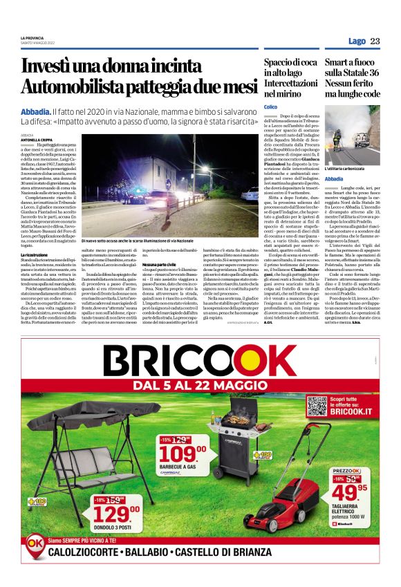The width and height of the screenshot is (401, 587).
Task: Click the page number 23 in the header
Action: point(375,41)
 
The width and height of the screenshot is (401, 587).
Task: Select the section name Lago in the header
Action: point(357,41)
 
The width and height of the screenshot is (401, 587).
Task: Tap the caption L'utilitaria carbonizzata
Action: point(345,168)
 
